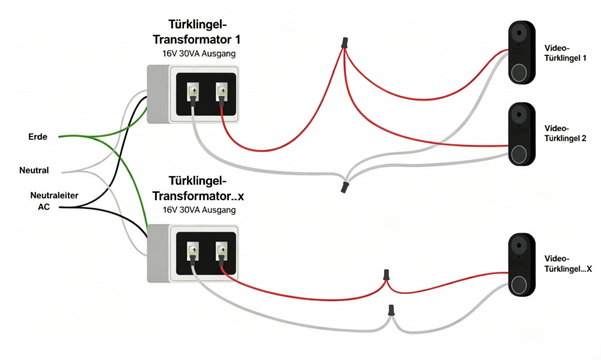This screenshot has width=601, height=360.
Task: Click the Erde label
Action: click(x=37, y=137)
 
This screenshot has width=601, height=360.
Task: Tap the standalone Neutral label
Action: click(x=34, y=170)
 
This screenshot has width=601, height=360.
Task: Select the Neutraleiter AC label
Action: click(x=54, y=201)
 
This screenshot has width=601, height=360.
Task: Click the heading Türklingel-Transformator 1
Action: click(x=197, y=32)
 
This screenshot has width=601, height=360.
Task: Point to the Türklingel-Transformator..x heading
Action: click(x=198, y=188)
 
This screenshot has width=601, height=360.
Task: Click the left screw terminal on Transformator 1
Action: click(x=193, y=91)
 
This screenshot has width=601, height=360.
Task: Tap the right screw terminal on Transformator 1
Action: click(x=222, y=91)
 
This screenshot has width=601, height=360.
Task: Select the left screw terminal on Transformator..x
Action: click(x=193, y=251)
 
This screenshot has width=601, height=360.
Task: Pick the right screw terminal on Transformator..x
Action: click(x=222, y=251)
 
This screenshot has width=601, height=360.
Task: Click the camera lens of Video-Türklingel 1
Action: click(x=519, y=32)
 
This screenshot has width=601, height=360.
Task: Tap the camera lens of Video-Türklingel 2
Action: click(x=519, y=114)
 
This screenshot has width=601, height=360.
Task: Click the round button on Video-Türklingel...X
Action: click(x=519, y=285)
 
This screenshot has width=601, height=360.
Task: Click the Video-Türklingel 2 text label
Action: click(x=565, y=133)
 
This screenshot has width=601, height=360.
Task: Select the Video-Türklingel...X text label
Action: click(x=568, y=264)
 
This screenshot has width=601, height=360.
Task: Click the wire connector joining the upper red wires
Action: click(x=344, y=42)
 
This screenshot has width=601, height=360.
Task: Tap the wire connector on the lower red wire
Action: click(x=386, y=275)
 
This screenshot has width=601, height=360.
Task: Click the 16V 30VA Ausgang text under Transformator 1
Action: click(x=198, y=53)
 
